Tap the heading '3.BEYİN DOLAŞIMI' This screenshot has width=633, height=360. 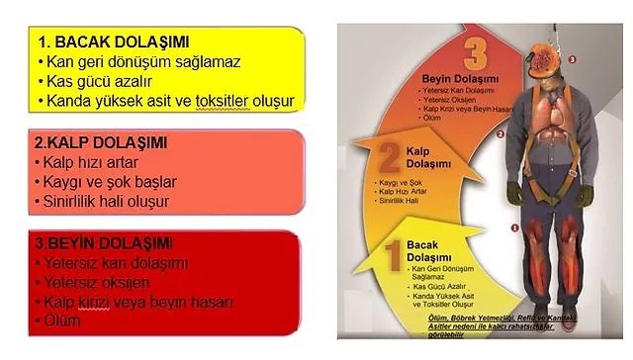tap(103, 243)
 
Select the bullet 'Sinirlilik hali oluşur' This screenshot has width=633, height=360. tap(107, 201)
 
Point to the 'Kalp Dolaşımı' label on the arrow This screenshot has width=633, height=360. tap(428, 155)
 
